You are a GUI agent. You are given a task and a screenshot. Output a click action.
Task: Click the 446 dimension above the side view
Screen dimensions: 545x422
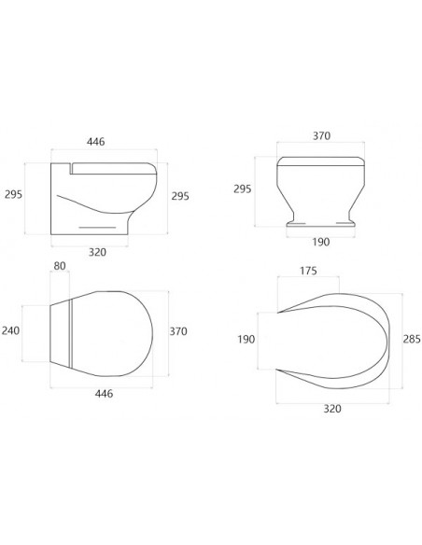pyautogui.click(x=96, y=142)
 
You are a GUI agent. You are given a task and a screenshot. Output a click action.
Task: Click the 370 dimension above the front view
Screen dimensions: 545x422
pyautogui.click(x=321, y=136)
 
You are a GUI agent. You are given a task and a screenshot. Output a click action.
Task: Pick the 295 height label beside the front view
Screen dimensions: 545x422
pyautogui.click(x=242, y=189)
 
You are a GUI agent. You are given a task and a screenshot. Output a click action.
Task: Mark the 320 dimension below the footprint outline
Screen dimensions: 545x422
pyautogui.click(x=332, y=408)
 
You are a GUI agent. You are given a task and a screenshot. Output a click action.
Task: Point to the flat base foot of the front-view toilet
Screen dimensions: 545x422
pyautogui.click(x=321, y=224)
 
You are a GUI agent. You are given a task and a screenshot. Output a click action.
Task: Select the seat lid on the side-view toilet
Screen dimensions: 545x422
pyautogui.click(x=113, y=167)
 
